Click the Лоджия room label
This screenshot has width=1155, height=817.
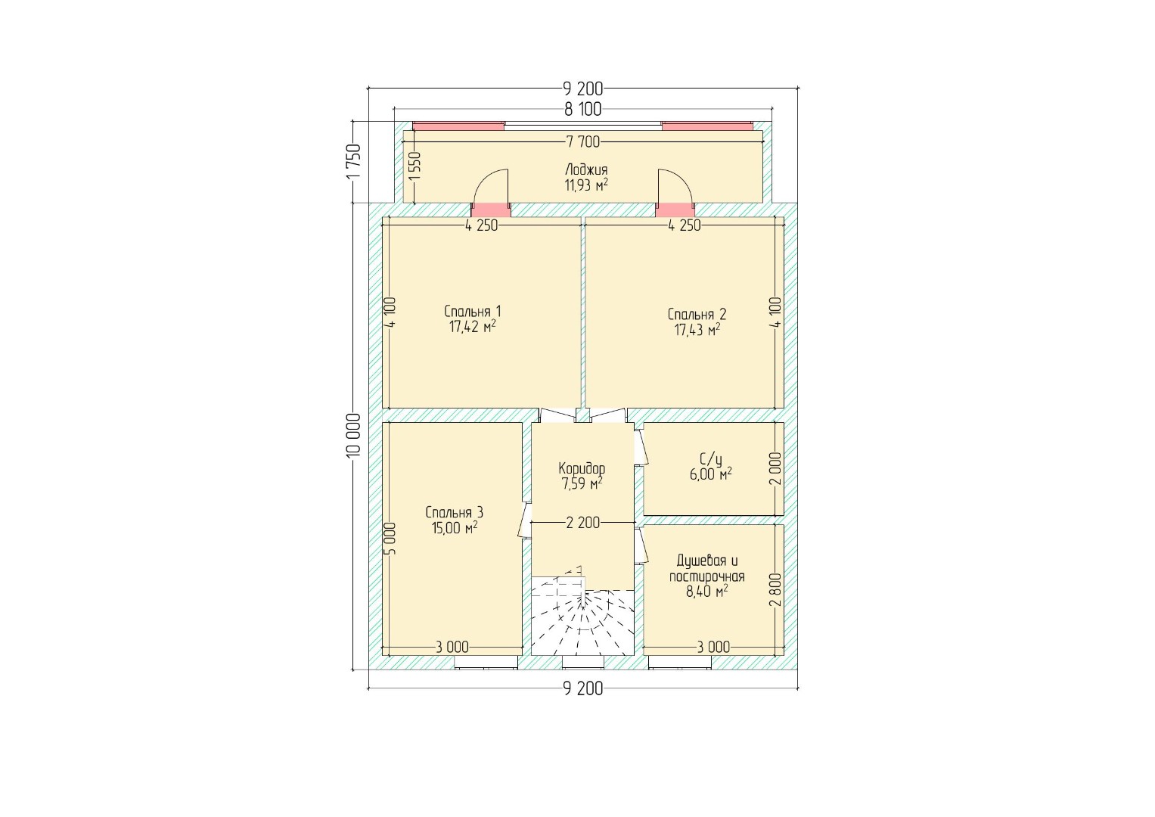[x=586, y=169]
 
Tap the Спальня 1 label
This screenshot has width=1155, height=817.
[x=472, y=312]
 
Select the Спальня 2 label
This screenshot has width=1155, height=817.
[x=697, y=314]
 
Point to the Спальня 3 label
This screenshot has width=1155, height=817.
[x=455, y=512]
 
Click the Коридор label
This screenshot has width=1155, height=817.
[x=582, y=468]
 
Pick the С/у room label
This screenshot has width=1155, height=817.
[x=710, y=458]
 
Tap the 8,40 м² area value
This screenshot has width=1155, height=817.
[x=706, y=592]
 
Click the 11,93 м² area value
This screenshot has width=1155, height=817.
[x=586, y=185]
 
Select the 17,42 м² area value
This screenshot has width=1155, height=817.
[x=472, y=327]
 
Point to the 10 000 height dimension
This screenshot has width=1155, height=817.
[x=354, y=434]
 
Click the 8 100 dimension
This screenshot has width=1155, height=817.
[x=582, y=110]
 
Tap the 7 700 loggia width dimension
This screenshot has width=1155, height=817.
[x=582, y=141]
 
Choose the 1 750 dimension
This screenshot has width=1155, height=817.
[x=354, y=161]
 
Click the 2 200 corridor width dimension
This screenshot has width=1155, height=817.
[x=583, y=523]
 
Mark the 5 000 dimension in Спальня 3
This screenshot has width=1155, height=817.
[x=390, y=539]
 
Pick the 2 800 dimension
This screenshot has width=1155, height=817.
[x=775, y=589]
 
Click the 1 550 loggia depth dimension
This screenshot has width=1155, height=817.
[x=414, y=166]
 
